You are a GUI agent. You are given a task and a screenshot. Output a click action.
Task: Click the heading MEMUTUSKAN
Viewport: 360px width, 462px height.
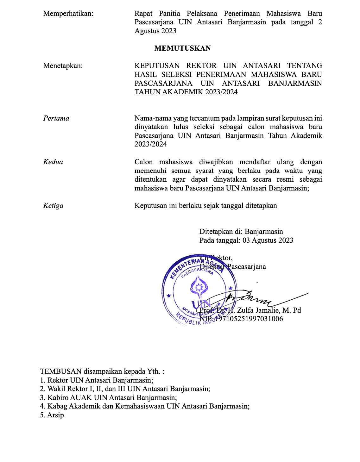[182, 48]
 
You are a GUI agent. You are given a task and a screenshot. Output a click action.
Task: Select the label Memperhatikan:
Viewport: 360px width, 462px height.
[68, 14]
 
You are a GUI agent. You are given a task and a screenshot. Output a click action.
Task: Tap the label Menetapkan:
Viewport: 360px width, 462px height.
[63, 66]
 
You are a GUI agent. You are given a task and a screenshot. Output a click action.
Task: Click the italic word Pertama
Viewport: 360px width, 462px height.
[56, 118]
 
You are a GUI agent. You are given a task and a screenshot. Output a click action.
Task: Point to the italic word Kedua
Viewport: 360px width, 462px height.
[53, 162]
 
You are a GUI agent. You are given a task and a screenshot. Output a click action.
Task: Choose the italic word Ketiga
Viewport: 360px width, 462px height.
[53, 206]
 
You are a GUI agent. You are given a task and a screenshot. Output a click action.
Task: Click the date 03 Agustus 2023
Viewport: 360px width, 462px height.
[268, 240]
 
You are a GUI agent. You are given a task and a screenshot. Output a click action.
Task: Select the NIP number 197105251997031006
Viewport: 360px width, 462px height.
[249, 319]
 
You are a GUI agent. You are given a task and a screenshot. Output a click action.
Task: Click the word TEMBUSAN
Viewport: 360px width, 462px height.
[61, 371]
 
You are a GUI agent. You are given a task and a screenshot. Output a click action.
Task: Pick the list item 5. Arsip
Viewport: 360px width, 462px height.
[52, 415]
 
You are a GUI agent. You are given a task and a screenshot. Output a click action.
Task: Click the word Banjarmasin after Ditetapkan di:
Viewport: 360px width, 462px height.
[264, 232]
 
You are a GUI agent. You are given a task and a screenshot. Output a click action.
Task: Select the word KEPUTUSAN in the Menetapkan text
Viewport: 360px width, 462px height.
[157, 66]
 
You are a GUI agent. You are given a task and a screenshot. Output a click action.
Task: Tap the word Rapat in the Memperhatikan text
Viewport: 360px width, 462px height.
[143, 14]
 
